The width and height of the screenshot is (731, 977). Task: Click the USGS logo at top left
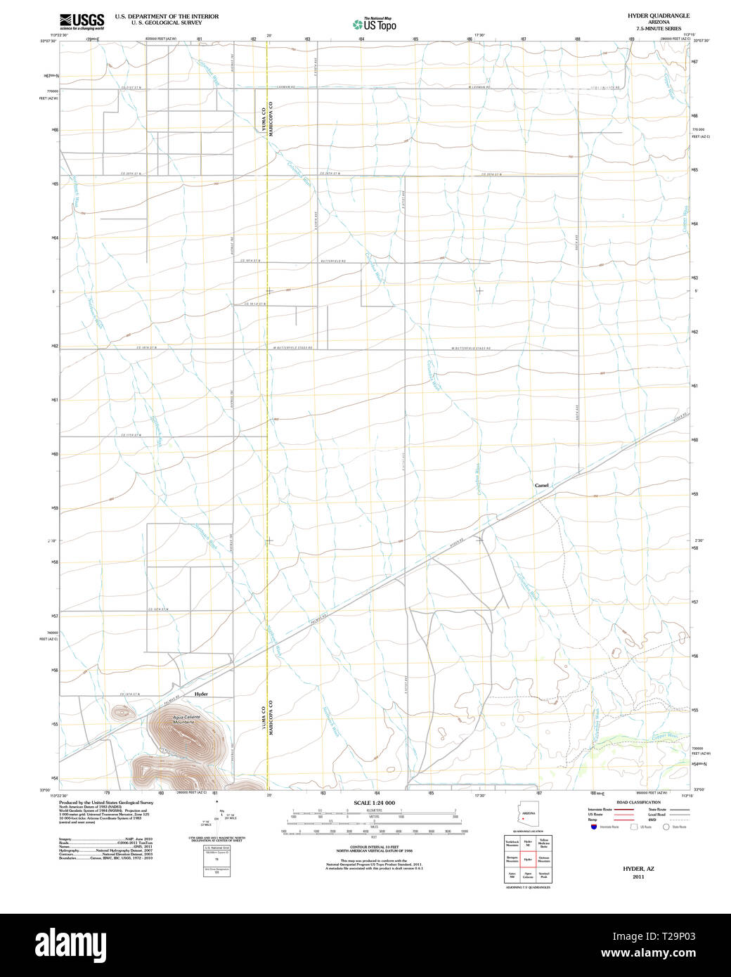tap(82, 21)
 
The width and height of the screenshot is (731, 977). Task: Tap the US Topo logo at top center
tap(375, 24)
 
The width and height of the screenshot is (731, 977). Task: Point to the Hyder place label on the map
tap(202, 694)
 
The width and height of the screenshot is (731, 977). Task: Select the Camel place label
tap(541, 485)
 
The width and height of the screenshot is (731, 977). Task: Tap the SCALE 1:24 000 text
tap(374, 803)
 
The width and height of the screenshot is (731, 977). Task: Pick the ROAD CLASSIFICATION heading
tap(638, 802)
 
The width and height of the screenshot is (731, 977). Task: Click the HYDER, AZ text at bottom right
tap(638, 869)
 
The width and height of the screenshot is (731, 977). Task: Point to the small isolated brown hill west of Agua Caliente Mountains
tap(122, 712)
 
